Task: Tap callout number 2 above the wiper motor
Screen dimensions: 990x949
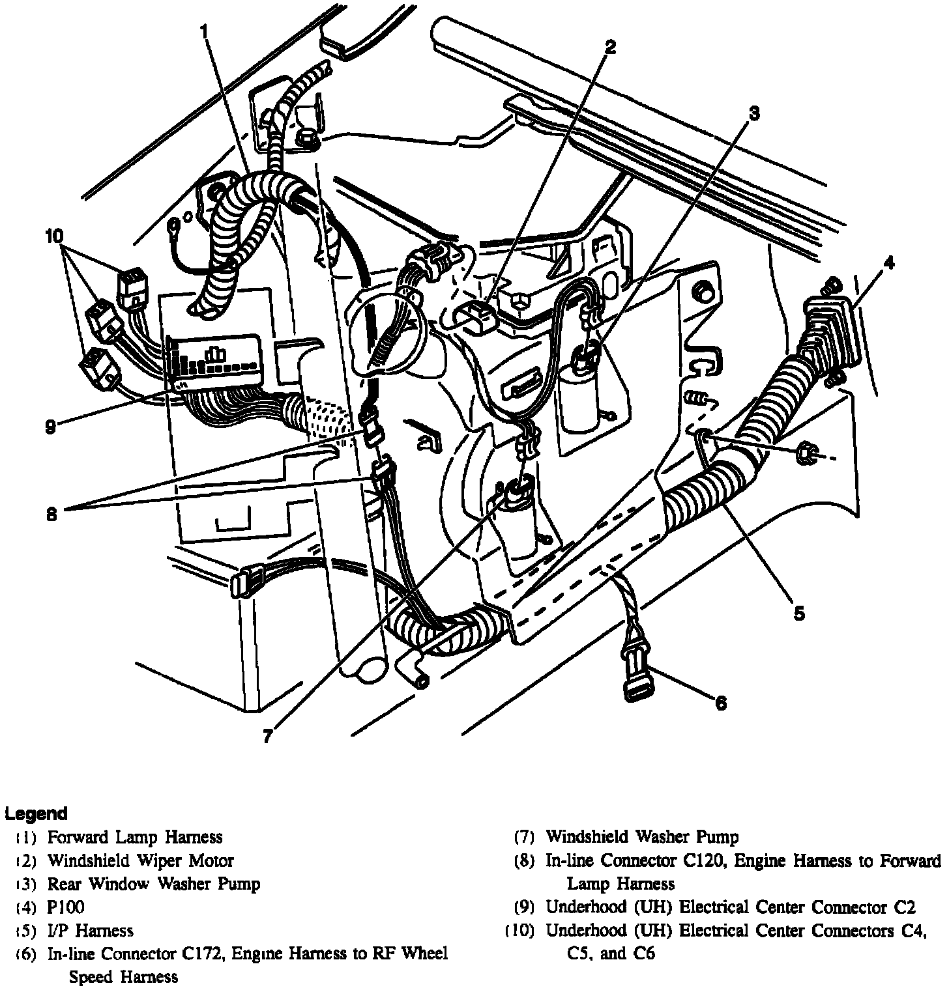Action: (x=609, y=47)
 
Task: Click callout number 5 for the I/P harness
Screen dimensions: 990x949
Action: (x=799, y=612)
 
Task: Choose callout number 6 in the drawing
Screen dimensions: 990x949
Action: (x=720, y=703)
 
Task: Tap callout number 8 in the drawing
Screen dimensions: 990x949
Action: (x=52, y=514)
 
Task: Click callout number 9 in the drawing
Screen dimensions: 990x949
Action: (x=51, y=427)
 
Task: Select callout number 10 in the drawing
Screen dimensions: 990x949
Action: (x=55, y=234)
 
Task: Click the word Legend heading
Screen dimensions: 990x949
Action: (x=36, y=813)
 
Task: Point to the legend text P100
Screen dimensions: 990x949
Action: (x=66, y=907)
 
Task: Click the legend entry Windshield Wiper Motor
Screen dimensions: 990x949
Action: (x=140, y=860)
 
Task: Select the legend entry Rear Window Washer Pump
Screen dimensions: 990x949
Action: (x=153, y=884)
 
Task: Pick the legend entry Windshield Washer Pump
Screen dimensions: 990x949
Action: (x=642, y=836)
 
